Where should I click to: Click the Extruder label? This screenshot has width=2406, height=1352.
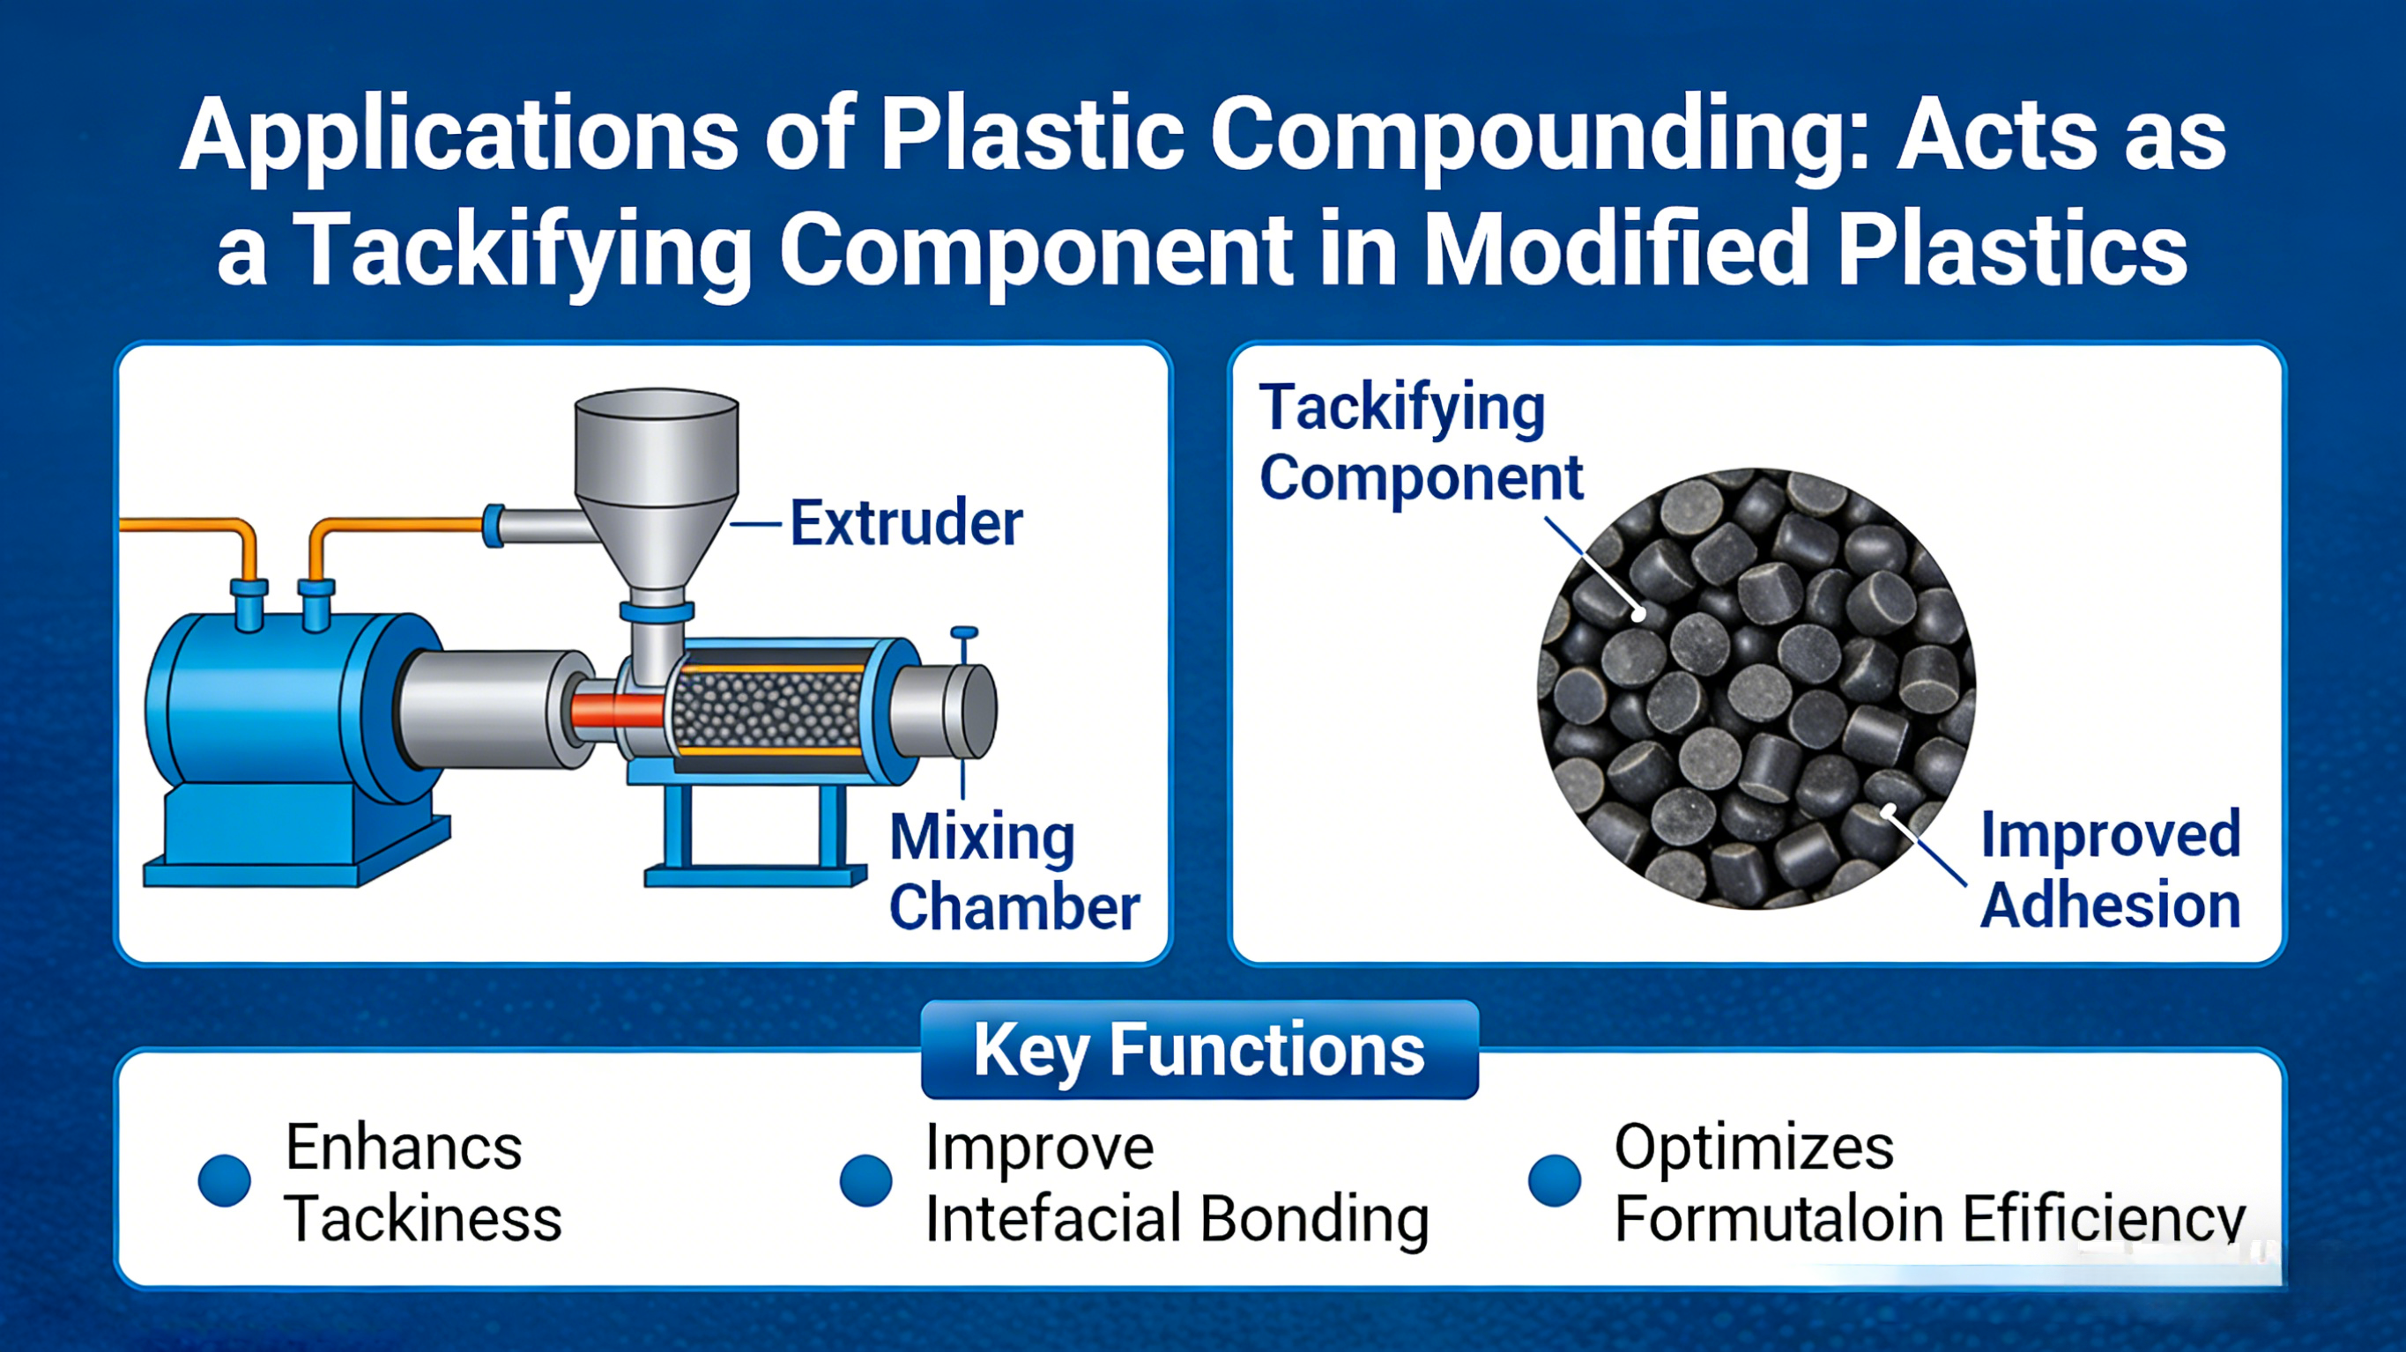(x=906, y=523)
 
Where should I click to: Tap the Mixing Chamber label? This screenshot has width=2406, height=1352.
(x=1014, y=871)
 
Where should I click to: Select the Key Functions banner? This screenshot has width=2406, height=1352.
(x=1199, y=1050)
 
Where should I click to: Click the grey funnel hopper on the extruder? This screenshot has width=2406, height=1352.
(x=657, y=477)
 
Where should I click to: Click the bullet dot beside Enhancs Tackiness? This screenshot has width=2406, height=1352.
(x=225, y=1180)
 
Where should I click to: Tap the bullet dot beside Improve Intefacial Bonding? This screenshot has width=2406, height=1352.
(x=865, y=1180)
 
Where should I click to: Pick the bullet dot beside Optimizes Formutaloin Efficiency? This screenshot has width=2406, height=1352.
(x=1554, y=1180)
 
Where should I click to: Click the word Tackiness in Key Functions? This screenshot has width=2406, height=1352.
(x=423, y=1218)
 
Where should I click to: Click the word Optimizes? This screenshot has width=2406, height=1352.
(x=1753, y=1147)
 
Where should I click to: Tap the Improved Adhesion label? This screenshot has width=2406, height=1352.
(x=2110, y=869)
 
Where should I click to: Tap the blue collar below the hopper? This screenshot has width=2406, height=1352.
(x=657, y=612)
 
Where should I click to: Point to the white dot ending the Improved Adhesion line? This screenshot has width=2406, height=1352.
(x=1889, y=810)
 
